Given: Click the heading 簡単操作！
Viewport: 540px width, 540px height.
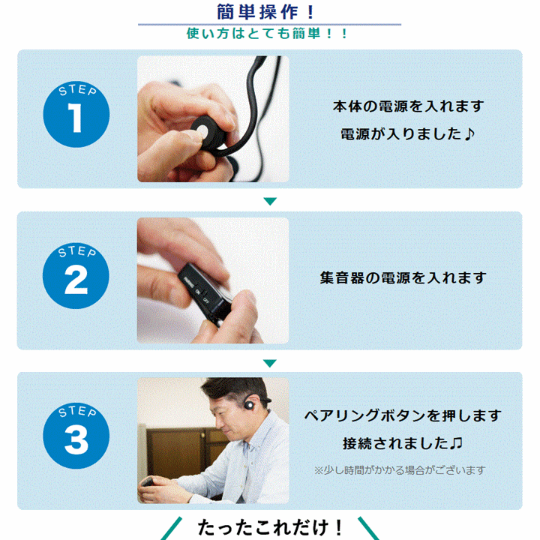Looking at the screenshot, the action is click(x=265, y=12).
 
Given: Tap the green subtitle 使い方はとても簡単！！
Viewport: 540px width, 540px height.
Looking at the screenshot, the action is click(x=268, y=34).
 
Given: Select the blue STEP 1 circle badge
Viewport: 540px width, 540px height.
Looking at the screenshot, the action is click(x=76, y=114).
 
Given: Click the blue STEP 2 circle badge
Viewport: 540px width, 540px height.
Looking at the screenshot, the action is click(x=76, y=275).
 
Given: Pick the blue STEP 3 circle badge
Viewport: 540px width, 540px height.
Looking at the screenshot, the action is click(x=76, y=436).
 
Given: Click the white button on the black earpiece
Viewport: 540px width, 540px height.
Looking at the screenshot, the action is click(x=202, y=131).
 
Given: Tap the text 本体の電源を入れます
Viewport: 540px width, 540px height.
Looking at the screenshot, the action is click(x=409, y=106).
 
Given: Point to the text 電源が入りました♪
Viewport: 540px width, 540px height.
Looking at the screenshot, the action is click(x=408, y=134).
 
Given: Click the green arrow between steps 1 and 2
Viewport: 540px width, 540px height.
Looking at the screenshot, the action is click(x=270, y=201).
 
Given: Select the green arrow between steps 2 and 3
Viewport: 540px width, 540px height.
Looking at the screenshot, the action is click(x=270, y=363).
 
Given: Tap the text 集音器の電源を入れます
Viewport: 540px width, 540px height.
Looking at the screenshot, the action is click(x=403, y=277).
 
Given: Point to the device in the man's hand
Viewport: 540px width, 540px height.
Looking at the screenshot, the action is click(x=148, y=481).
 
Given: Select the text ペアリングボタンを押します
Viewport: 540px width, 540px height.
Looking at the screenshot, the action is click(x=403, y=415).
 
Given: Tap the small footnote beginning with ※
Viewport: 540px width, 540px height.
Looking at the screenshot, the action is click(x=400, y=470).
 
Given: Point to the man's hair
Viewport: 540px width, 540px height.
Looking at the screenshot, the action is click(x=237, y=390).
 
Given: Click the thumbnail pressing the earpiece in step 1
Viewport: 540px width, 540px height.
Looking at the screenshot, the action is click(x=213, y=118).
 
